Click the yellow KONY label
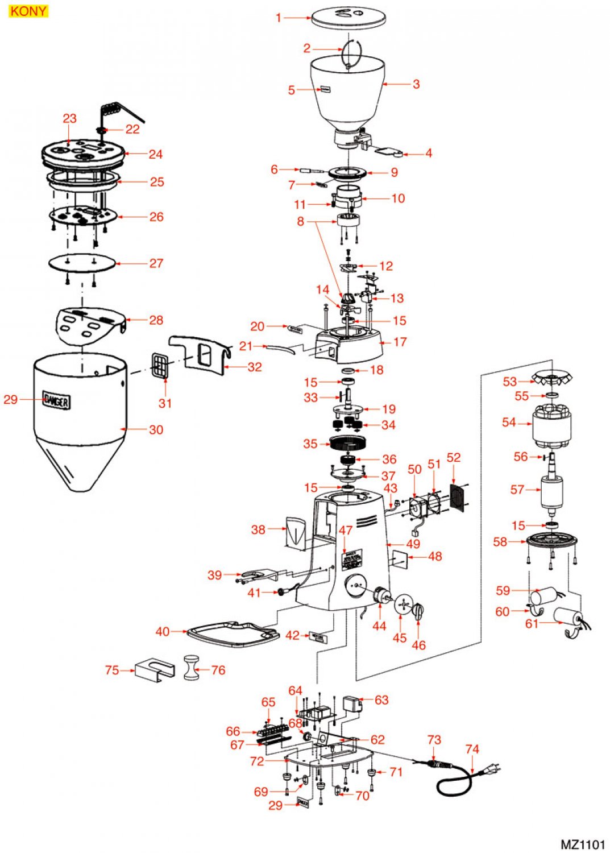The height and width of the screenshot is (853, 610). [x=28, y=11]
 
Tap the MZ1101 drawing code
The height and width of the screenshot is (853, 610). [x=583, y=844]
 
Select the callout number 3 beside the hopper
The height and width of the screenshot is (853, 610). [x=416, y=84]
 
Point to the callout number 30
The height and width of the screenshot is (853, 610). [x=156, y=430]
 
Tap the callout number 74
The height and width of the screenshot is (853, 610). [x=472, y=750]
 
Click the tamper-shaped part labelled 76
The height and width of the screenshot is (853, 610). [x=192, y=668]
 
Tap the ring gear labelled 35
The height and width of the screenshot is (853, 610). [x=347, y=442]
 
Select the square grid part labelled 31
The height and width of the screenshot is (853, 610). [x=161, y=364]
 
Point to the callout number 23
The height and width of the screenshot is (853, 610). [x=69, y=118]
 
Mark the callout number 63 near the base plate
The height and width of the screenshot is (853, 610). [x=381, y=699]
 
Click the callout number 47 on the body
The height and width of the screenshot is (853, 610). [x=346, y=530]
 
